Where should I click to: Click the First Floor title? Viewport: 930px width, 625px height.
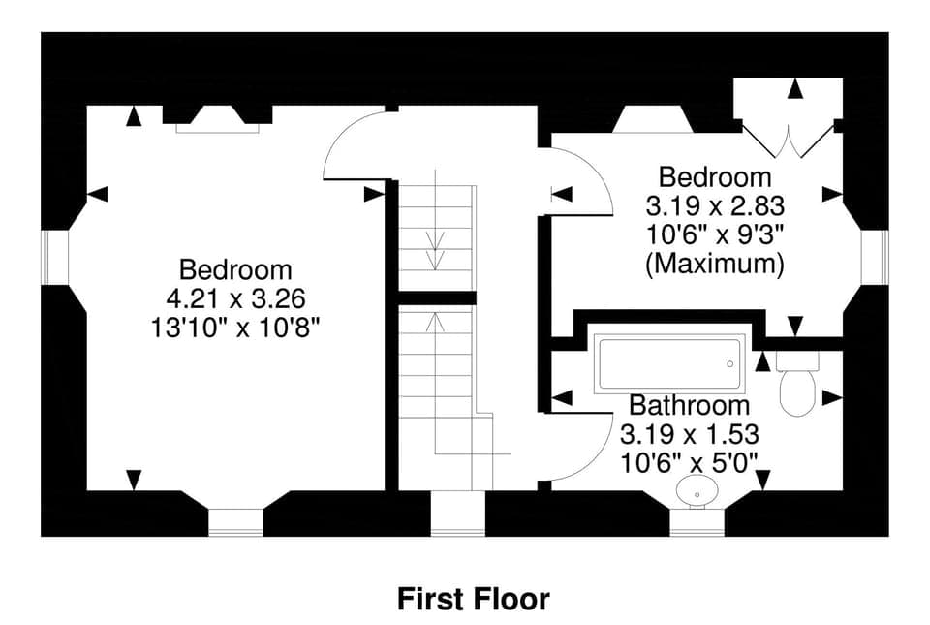tap(473, 599)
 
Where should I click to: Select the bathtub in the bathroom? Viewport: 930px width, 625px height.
tap(668, 363)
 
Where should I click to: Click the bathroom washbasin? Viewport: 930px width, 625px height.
tap(697, 492)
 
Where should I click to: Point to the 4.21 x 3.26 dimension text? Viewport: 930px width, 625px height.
tap(235, 297)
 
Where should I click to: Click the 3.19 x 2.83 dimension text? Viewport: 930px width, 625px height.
tap(715, 206)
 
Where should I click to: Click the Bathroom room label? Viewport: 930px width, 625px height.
tap(689, 405)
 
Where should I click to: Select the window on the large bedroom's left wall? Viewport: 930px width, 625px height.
tap(55, 258)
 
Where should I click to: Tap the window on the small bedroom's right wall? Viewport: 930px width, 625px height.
tap(875, 258)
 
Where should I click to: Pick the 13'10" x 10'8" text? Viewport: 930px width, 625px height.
tap(235, 327)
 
